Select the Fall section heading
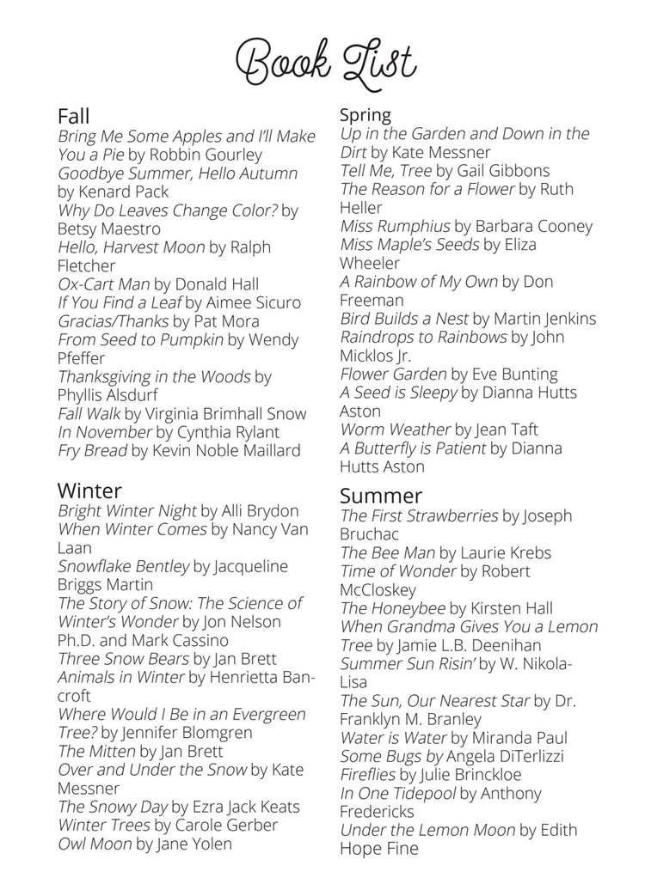[73, 115]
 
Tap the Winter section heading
[89, 491]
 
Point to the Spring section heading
[365, 114]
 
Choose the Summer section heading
[381, 496]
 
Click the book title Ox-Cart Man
[103, 283]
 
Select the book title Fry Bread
[92, 450]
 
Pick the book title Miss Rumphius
[395, 226]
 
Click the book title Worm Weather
[395, 429]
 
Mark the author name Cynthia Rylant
[228, 432]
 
